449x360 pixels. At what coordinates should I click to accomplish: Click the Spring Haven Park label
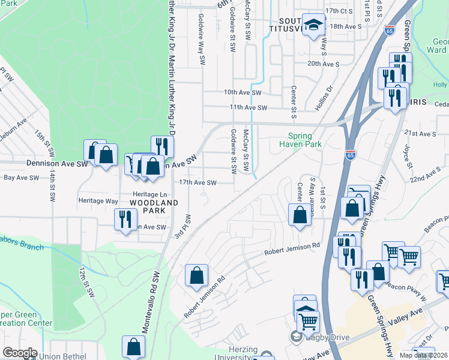304,140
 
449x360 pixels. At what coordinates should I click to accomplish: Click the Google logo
20,353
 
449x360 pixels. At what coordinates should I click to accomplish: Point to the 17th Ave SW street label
197,182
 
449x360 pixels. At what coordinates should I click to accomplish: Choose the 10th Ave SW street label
243,92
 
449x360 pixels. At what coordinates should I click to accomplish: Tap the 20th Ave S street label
324,63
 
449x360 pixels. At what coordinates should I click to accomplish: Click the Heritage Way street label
98,201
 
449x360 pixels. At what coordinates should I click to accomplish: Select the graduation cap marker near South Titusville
313,25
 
